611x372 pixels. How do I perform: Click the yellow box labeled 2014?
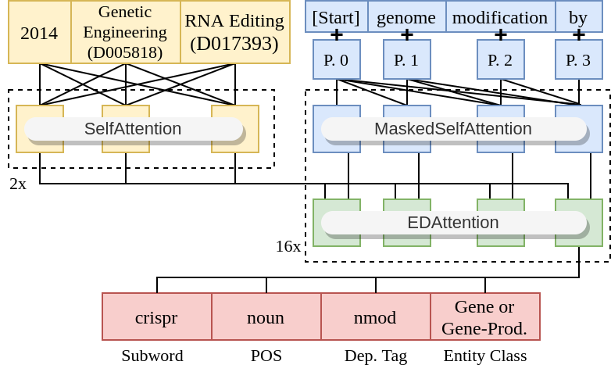(x=40, y=32)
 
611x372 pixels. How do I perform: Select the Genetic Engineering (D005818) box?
(x=126, y=32)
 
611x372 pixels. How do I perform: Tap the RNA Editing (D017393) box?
(x=235, y=32)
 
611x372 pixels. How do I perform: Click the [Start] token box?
(x=337, y=16)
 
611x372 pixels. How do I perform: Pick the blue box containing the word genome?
(x=407, y=16)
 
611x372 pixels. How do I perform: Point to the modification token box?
(x=501, y=16)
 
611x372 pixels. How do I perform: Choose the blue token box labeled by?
(x=579, y=16)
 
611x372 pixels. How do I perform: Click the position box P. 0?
(x=337, y=59)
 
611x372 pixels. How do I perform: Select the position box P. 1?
(x=407, y=59)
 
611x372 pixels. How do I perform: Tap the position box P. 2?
(x=501, y=59)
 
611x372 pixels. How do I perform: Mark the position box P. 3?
(x=579, y=59)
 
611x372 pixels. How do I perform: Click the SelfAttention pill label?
(x=134, y=129)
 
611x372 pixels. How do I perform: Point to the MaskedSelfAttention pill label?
(x=454, y=129)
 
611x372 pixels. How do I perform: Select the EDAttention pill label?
(x=454, y=223)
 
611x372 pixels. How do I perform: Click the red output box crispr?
(x=157, y=317)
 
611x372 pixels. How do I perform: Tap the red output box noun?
(x=266, y=317)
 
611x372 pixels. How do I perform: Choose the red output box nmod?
(x=376, y=317)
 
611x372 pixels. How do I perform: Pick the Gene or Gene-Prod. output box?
(x=485, y=317)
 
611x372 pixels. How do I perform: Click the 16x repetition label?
(x=288, y=246)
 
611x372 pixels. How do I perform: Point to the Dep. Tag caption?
(x=376, y=356)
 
